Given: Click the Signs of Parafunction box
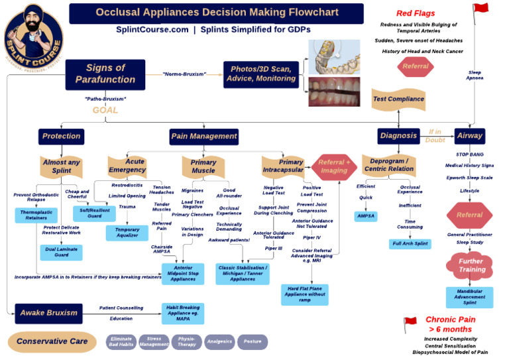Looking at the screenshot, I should point(105,74).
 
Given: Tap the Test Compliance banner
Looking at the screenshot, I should point(398,99).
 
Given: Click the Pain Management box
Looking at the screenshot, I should point(204,136).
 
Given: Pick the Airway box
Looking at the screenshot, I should point(469,135).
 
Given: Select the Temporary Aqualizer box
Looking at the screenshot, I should point(127,233).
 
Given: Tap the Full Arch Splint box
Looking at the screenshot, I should point(410,244).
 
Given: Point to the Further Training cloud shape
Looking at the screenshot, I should point(471,265).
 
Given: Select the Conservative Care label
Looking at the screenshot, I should point(52,341).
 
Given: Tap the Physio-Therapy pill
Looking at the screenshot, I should point(186,341).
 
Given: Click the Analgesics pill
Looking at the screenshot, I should point(219,341).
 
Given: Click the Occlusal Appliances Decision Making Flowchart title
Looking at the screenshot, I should point(217,13).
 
